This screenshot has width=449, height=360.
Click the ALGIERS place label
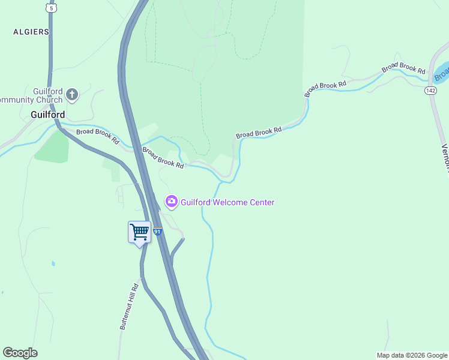[31, 32]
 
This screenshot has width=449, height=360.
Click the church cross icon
[72, 94]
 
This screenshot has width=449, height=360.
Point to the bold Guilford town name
[48, 114]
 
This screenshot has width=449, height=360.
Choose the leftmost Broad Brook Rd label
[97, 136]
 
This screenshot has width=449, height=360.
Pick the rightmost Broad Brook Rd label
[403, 71]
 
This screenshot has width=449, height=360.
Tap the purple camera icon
[172, 202]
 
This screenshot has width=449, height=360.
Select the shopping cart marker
[139, 232]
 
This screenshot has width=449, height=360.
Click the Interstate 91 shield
[157, 231]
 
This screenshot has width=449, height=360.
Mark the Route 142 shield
[430, 90]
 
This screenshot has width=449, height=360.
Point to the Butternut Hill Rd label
[129, 306]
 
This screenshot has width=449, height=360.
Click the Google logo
[20, 353]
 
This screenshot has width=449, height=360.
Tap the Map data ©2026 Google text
[412, 355]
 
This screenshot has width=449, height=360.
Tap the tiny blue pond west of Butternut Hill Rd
[53, 263]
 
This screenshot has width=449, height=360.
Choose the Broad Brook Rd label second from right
[326, 89]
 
